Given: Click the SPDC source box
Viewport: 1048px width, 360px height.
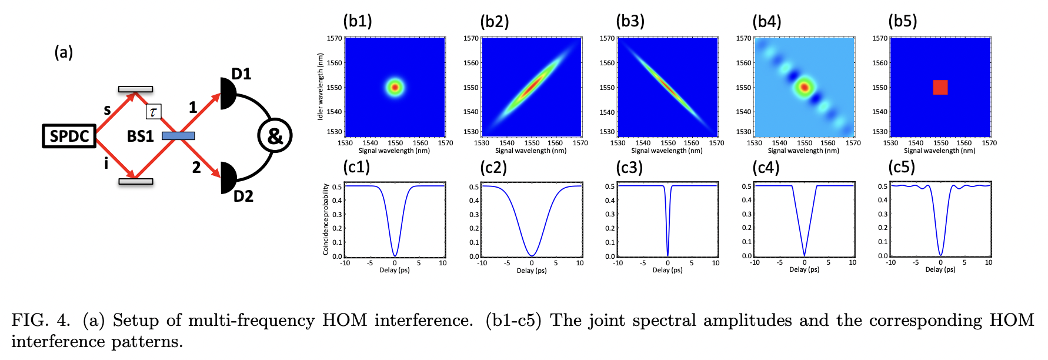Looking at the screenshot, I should tap(69, 136).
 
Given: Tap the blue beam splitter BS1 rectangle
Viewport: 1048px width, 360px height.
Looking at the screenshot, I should tap(178, 136).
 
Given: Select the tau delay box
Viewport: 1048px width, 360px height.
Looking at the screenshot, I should tap(153, 112).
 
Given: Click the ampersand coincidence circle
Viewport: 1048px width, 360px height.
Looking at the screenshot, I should tap(275, 136).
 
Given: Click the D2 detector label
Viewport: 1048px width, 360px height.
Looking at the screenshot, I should tap(243, 196).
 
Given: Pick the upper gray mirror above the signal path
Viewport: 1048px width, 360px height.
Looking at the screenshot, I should tap(135, 89).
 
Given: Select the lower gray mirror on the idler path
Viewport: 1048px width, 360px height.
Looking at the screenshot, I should tap(135, 181).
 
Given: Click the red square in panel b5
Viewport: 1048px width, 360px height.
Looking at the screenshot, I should tap(940, 87).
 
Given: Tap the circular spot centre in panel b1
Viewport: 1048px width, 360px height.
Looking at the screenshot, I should tap(395, 87).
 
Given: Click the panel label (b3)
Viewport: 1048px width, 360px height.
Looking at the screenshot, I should tap(630, 21).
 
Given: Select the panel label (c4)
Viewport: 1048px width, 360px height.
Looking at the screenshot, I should tap(766, 168).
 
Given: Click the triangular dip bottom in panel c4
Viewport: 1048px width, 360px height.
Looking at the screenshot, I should tap(805, 255).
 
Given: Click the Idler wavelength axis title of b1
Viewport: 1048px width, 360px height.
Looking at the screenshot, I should tap(321, 87).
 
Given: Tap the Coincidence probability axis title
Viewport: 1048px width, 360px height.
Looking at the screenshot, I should tap(325, 219).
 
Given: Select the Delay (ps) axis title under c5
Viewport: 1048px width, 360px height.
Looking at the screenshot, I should tap(940, 269).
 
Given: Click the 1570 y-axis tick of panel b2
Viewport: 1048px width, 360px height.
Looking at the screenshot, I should tap(470, 38).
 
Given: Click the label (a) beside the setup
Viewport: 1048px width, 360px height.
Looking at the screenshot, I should tap(64, 52).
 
